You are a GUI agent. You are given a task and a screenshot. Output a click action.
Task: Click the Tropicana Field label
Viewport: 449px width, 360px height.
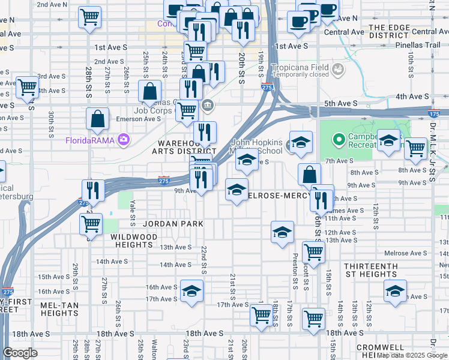300,67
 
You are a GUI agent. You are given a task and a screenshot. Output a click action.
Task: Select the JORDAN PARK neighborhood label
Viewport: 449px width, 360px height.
173,224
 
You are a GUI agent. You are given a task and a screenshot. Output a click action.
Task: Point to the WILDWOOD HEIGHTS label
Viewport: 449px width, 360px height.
133,241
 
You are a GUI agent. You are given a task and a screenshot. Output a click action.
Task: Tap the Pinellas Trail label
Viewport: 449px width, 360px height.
414,45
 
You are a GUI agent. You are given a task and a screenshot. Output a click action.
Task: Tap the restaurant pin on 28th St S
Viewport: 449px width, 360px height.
92,190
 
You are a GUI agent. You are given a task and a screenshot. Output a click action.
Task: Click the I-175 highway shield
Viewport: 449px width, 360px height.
434,113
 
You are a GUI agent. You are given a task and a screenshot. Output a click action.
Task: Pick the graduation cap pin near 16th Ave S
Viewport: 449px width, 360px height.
191,291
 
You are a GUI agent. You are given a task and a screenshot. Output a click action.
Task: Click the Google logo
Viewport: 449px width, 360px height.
20,353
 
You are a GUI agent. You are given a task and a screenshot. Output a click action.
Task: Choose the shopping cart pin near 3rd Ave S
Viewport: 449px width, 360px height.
27,88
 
